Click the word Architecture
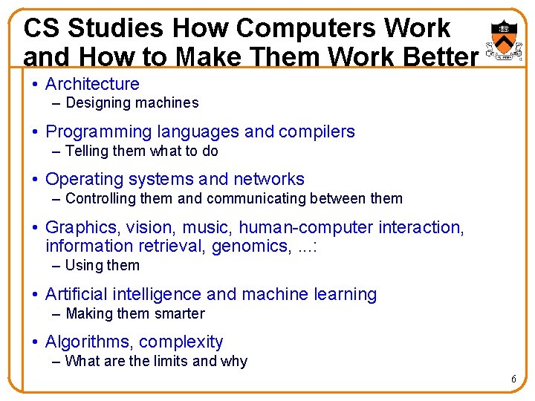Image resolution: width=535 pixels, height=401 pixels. pos(92,85)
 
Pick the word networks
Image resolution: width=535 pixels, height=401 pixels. pos(269,180)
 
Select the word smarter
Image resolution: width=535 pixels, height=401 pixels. pos(178,313)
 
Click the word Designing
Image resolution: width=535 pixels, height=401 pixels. pos(95,103)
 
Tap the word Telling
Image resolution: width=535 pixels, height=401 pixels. pos(87,151)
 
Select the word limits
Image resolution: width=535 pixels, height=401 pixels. pos(171,362)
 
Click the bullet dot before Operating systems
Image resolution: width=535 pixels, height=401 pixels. pos(36,180)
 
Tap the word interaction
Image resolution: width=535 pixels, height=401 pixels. pos(420,227)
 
